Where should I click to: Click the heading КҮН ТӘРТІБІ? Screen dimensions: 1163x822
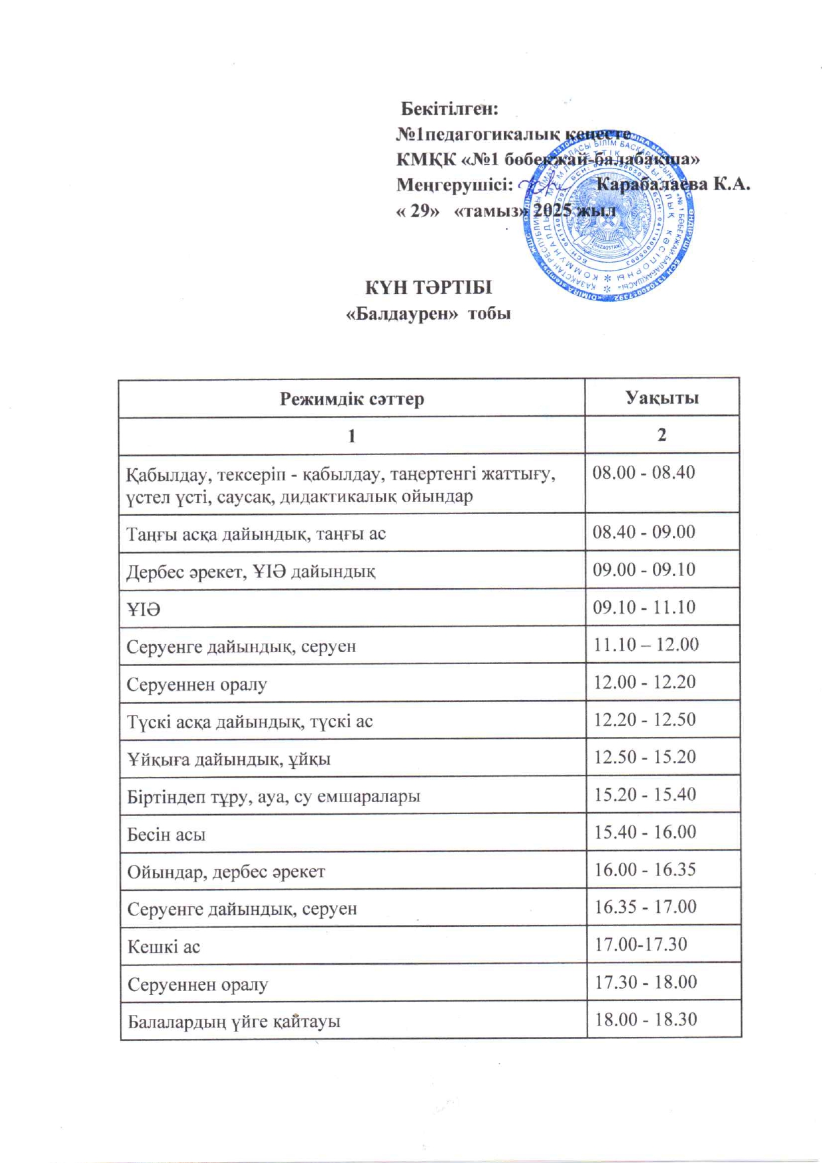pos(428,288)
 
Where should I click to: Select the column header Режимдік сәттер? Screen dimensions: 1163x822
pos(351,399)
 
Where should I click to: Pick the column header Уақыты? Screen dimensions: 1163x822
pos(662,398)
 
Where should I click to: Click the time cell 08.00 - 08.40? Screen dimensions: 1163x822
pos(643,473)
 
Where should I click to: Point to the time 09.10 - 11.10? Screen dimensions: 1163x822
pos(644,607)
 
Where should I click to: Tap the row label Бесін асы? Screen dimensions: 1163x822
pos(166,835)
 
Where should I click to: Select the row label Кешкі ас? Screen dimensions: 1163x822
pos(163,947)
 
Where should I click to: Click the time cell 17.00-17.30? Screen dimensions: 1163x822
pos(640,944)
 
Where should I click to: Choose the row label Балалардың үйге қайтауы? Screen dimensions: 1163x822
pos(233,1022)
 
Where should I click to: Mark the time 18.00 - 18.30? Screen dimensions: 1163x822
pos(646,1020)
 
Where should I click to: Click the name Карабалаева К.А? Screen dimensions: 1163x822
pos(672,184)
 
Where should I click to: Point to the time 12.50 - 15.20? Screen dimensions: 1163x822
pos(644,757)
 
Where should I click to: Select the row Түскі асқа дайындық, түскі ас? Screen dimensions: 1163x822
pos(250,722)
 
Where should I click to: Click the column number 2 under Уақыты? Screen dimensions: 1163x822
pos(662,435)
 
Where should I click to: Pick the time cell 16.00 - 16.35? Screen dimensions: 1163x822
pos(644,870)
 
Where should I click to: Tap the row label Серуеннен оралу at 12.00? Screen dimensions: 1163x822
pos(197,685)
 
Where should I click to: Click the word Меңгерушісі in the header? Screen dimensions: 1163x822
pos(454,184)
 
